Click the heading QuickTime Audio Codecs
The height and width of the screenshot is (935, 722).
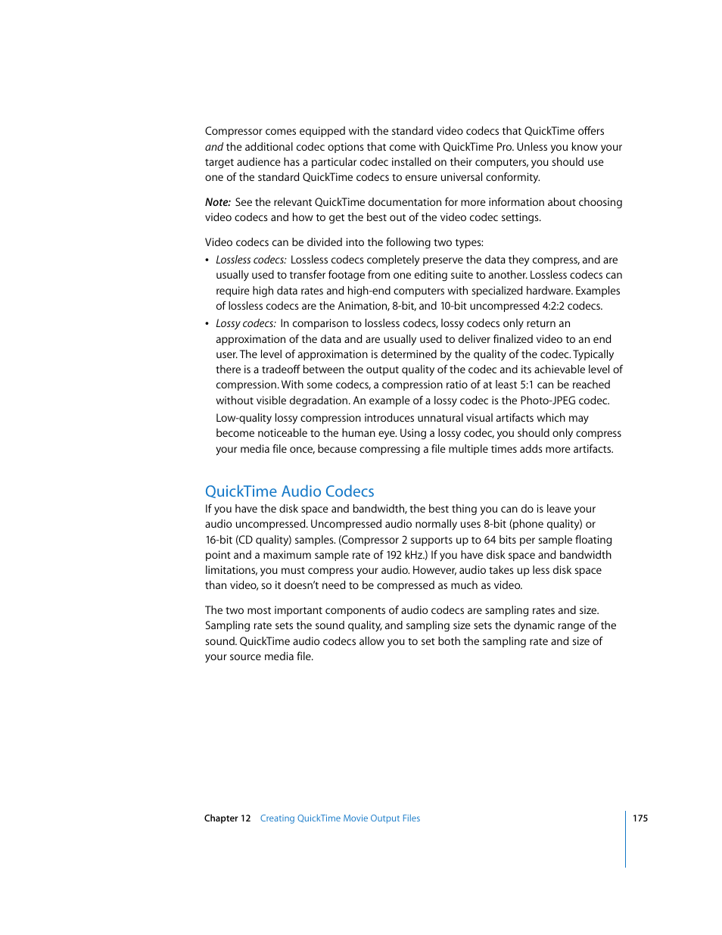(x=289, y=491)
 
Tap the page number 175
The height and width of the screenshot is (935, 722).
(x=640, y=818)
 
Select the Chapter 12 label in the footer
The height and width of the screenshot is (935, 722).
(x=227, y=818)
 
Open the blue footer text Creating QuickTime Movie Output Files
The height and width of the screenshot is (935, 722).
(x=340, y=818)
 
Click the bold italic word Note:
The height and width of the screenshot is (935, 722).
(x=217, y=202)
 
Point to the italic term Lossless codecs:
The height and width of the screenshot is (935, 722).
(x=251, y=260)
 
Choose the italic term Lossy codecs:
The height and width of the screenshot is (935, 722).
(x=245, y=323)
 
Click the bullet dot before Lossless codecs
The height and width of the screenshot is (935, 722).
(x=207, y=260)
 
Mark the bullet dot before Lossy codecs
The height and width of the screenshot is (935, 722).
(x=207, y=324)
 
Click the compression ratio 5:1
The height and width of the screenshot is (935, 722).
(x=527, y=385)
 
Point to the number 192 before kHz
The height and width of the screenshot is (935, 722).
(x=394, y=555)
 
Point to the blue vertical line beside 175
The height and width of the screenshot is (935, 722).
(x=626, y=839)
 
